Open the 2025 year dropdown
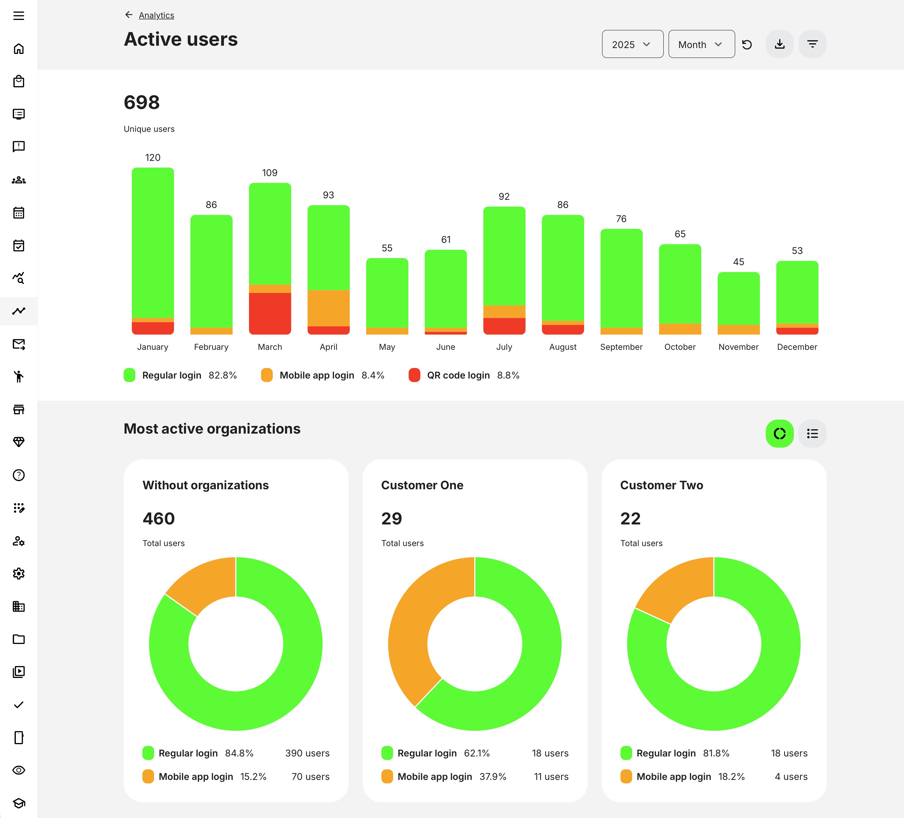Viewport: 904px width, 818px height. (632, 45)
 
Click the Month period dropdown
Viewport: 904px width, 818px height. (701, 45)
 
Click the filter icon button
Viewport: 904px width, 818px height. (812, 44)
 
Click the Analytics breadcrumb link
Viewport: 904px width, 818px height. (156, 15)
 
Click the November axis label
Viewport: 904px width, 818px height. (738, 347)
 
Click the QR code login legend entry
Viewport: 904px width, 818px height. (458, 375)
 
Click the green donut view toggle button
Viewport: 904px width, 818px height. (779, 433)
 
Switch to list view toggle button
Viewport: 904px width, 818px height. (812, 433)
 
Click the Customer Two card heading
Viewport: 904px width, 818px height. (661, 485)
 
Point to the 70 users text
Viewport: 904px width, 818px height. (310, 776)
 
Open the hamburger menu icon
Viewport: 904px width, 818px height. (18, 16)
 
